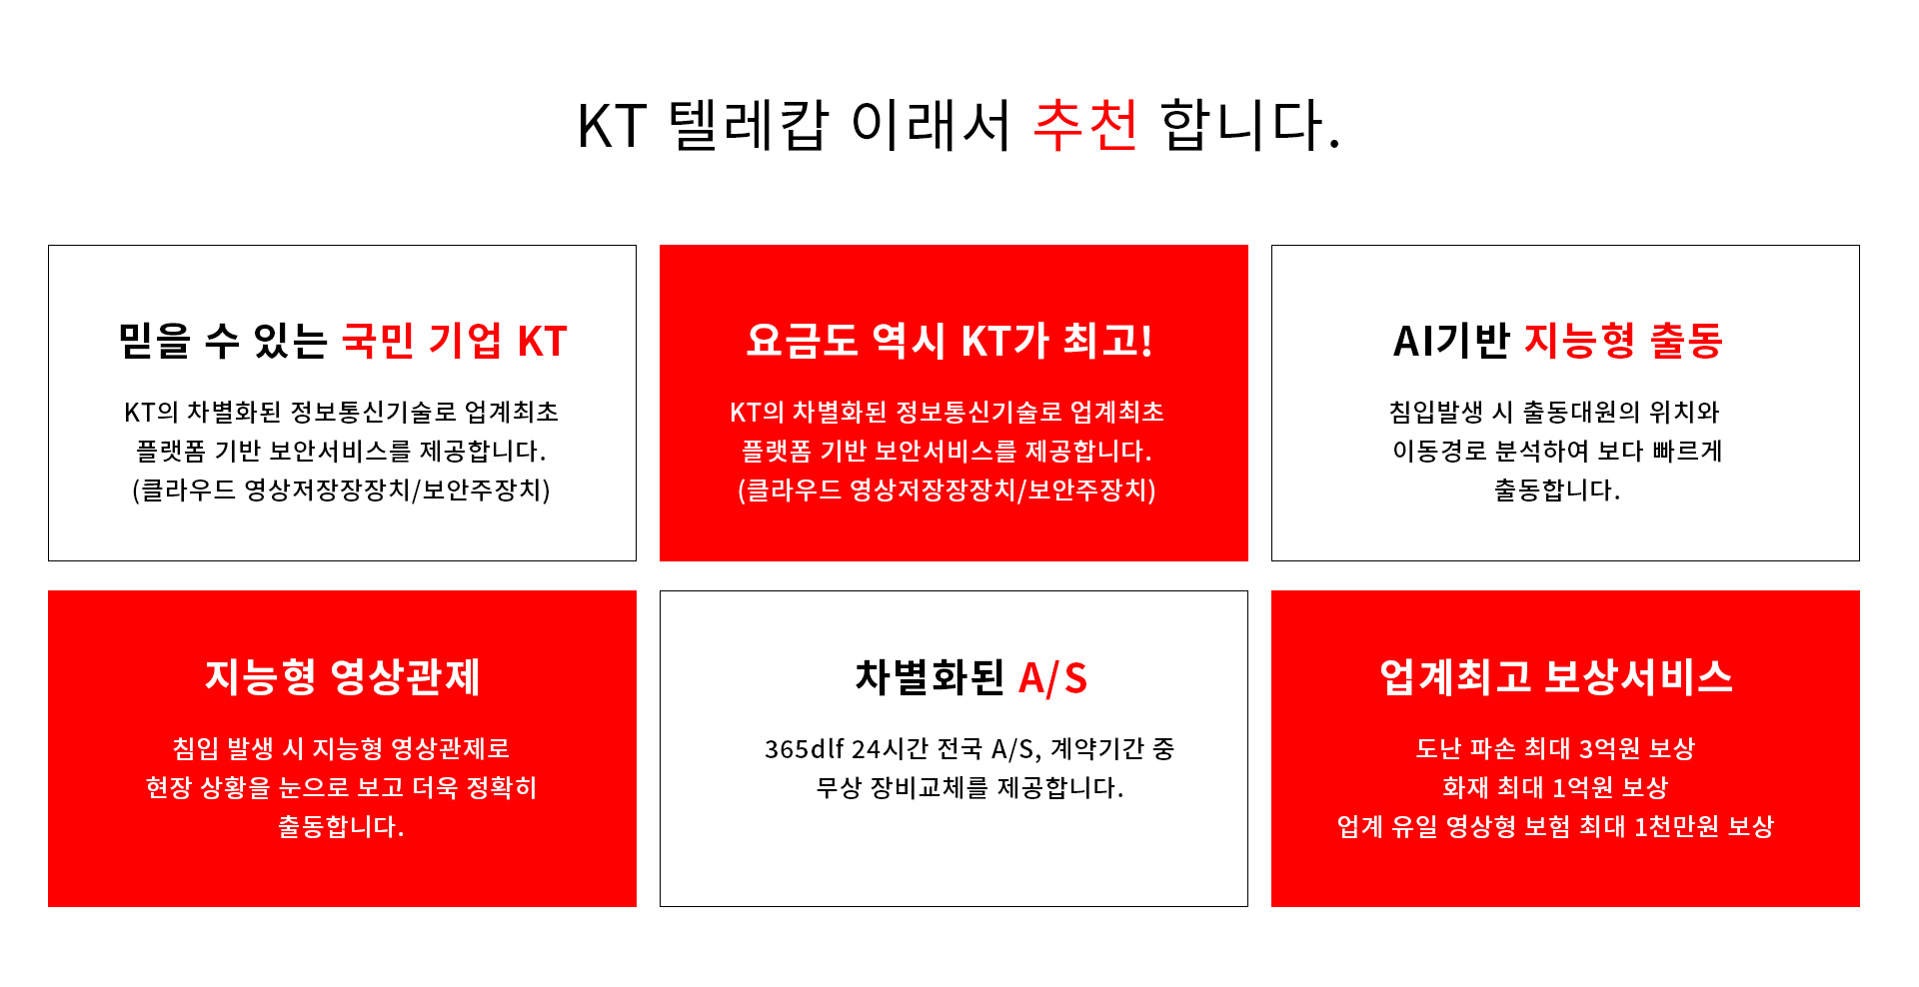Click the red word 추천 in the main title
pos(1085,125)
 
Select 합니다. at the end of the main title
pos(1250,125)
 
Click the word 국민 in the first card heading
pos(378,341)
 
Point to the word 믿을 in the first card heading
pos(154,341)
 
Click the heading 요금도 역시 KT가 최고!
pos(950,341)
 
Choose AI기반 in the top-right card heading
pos(1451,341)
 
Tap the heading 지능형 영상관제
pos(343,676)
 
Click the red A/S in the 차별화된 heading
pos(1052,678)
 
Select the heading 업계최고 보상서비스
pos(1556,676)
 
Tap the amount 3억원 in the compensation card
pos(1609,748)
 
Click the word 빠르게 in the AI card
pos(1687,452)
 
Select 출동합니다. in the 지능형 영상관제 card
pos(341,826)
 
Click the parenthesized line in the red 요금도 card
pos(948,491)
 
